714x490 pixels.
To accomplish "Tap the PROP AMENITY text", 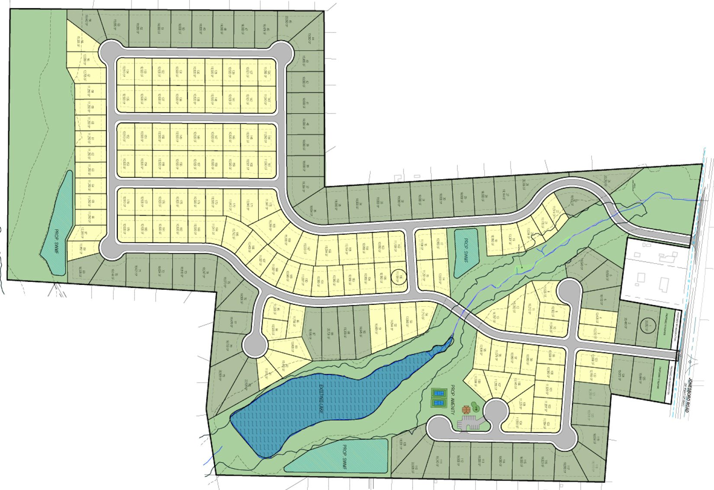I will tap(454, 400).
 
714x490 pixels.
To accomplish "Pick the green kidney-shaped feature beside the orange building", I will tap(475, 407).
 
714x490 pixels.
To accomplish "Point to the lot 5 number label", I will tap(605, 300).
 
